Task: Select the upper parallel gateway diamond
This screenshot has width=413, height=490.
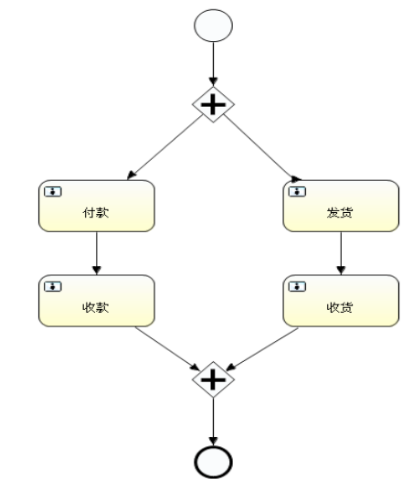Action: click(x=212, y=105)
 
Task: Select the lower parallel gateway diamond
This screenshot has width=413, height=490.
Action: click(x=212, y=378)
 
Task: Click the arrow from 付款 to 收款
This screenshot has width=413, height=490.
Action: click(x=96, y=253)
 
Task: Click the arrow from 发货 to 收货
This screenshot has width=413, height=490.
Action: click(x=341, y=253)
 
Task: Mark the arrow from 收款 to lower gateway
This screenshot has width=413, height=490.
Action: click(x=164, y=350)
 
